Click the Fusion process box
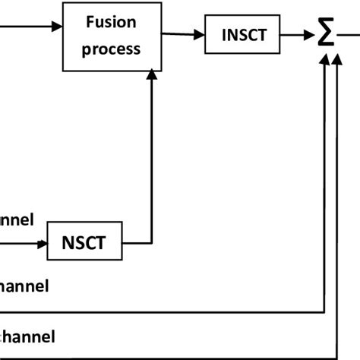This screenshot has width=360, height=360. click(113, 36)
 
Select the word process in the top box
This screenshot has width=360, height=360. click(113, 49)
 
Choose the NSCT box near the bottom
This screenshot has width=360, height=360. click(85, 244)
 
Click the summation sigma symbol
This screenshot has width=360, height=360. click(327, 34)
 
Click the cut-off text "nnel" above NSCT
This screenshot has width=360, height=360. click(17, 220)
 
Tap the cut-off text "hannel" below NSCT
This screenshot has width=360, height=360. click(24, 286)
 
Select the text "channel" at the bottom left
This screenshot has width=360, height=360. click(27, 335)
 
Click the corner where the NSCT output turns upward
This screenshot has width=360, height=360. click(153, 244)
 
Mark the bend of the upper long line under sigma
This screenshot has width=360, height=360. click(324, 312)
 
